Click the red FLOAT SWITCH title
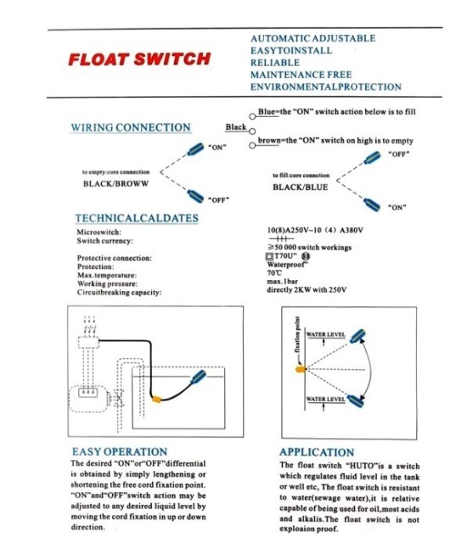[x=138, y=59]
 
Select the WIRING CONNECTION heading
[x=131, y=127]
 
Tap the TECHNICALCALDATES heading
[x=137, y=218]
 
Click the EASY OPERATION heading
[x=119, y=452]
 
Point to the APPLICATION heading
[x=317, y=453]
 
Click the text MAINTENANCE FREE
[x=301, y=75]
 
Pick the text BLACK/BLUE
[x=300, y=187]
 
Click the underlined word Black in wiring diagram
[x=235, y=127]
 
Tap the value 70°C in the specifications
[x=274, y=273]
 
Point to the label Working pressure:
[x=109, y=283]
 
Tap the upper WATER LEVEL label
[x=325, y=335]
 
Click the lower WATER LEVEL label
[x=325, y=398]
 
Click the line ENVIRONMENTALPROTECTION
[x=325, y=87]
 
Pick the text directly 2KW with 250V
[x=307, y=290]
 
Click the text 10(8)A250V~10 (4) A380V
[x=314, y=230]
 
